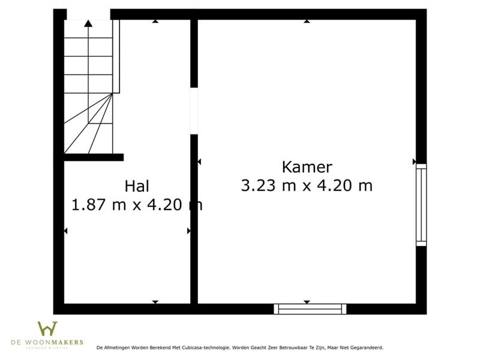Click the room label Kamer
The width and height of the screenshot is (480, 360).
[307, 167]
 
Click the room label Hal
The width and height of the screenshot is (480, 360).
[137, 186]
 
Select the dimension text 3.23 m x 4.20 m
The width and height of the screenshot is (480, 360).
[307, 185]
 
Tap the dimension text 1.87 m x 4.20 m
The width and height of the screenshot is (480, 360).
[137, 205]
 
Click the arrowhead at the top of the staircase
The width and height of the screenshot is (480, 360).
[88, 23]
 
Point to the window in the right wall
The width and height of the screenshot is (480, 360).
[421, 205]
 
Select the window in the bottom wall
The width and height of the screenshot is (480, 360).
[310, 309]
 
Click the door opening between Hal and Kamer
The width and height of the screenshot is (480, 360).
[194, 110]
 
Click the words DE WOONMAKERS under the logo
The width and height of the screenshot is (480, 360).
[47, 342]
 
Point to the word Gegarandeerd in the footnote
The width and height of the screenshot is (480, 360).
[366, 347]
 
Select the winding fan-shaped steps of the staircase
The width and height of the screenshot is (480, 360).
[90, 126]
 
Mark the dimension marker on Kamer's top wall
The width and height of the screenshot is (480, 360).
[307, 21]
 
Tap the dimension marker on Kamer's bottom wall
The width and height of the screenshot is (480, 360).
[307, 302]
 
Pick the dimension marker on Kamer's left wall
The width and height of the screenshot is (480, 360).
[199, 161]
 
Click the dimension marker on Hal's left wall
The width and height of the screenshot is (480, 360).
[65, 231]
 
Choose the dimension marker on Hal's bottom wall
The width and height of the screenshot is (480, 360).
[155, 302]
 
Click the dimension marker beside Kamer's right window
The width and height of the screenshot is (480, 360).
[414, 161]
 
